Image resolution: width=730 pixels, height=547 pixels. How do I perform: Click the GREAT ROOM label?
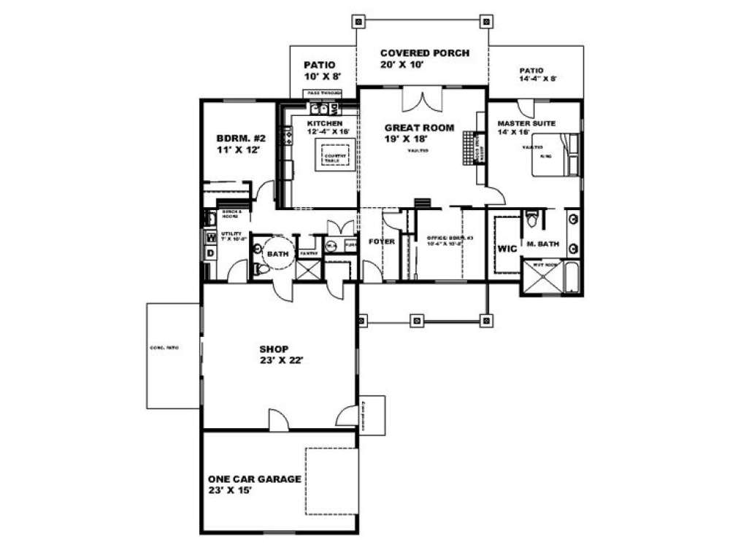pos(419,128)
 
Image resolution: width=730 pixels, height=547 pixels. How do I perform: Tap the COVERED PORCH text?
pos(423,53)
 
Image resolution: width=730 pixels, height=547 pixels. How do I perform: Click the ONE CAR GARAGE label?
pos(255,479)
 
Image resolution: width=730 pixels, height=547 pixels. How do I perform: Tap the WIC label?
pos(507,249)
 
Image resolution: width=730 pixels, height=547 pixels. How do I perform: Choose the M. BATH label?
pos(542,249)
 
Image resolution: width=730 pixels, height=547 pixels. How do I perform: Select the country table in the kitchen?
pos(337,156)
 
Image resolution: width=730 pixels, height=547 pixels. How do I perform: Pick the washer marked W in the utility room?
pos(210,236)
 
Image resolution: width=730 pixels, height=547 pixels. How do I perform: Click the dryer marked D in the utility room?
pos(210,252)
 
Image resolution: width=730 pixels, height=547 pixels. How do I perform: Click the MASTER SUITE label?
pos(526,124)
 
